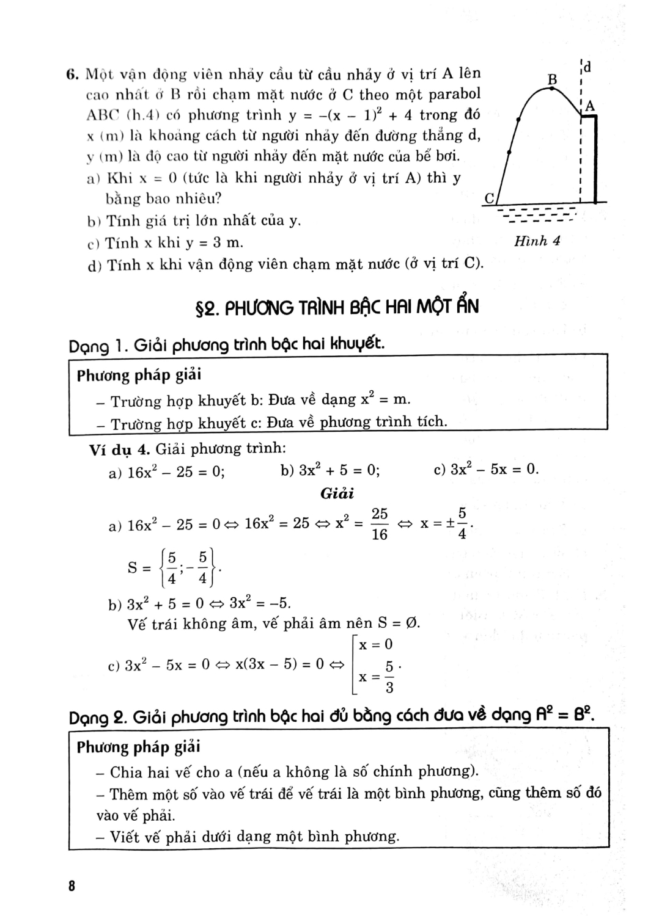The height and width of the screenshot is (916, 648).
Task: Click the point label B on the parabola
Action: [553, 79]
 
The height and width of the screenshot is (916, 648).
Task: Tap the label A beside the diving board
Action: [589, 106]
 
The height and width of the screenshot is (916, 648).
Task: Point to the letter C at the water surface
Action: [489, 198]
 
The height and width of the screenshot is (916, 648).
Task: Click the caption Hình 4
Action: [537, 241]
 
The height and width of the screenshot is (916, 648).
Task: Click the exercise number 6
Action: [71, 75]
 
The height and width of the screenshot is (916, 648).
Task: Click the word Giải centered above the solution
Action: [337, 493]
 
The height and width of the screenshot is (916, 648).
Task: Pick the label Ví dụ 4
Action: [120, 449]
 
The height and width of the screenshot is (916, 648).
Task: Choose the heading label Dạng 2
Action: [98, 716]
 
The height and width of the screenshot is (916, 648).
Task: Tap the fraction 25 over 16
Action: [380, 525]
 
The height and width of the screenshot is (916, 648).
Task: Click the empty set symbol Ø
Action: [413, 623]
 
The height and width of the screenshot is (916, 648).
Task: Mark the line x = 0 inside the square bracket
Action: [375, 645]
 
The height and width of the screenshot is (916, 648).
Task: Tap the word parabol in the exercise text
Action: [449, 95]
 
